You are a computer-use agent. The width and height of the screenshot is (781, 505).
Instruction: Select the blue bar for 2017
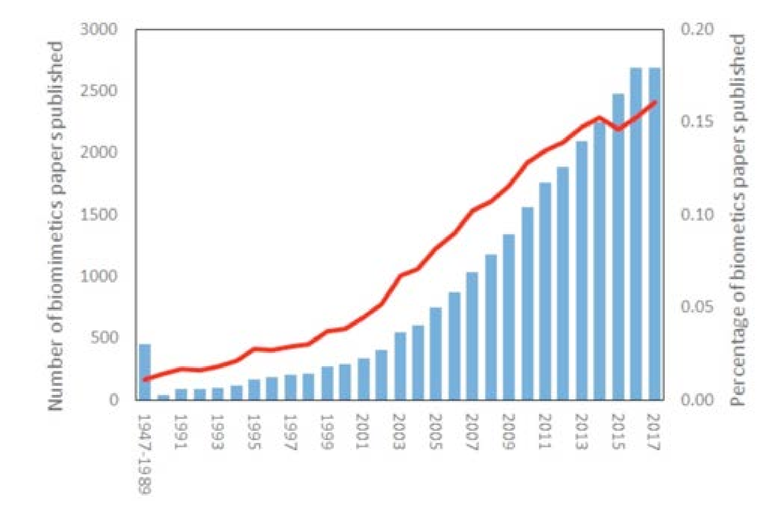(654, 234)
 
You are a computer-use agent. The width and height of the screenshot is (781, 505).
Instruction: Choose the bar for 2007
(472, 336)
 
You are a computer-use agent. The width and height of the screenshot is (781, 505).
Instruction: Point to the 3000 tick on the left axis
(99, 29)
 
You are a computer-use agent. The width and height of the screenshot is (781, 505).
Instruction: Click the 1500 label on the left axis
(99, 215)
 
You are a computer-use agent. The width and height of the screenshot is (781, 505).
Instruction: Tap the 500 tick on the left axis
(104, 338)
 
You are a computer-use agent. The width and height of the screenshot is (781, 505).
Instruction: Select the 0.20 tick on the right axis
(697, 29)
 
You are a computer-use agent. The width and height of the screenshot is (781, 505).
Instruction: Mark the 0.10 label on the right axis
(697, 215)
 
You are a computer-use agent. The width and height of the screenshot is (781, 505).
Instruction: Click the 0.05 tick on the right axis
(697, 307)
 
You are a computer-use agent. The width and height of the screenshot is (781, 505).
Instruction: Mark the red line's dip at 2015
(618, 129)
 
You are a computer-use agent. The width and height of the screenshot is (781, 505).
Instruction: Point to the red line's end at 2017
(655, 102)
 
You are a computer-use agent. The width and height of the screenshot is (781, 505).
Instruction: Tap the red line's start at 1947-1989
(145, 379)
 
